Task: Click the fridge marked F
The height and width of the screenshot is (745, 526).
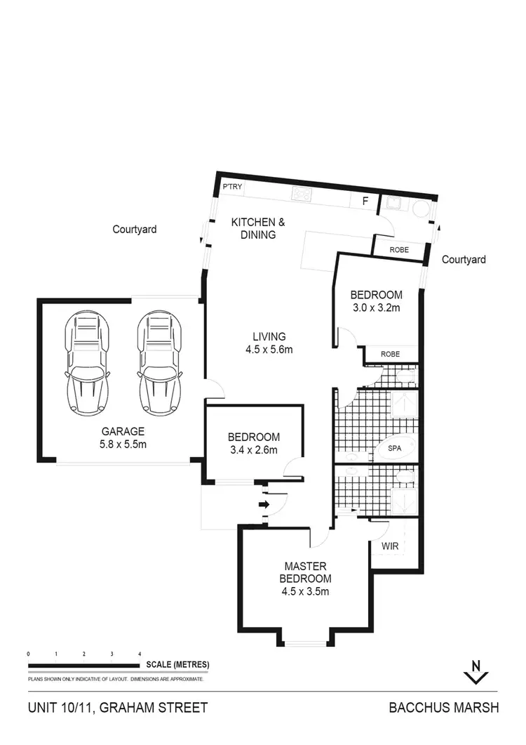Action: (365, 202)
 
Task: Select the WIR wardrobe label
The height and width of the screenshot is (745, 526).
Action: (391, 545)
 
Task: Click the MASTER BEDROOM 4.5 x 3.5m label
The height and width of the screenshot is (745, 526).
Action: (306, 579)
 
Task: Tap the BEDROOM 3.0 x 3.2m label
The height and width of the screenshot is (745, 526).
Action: (376, 301)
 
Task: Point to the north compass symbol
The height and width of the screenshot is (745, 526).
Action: (476, 672)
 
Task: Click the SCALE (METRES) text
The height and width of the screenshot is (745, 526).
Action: (178, 664)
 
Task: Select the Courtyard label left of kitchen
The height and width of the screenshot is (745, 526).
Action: (135, 229)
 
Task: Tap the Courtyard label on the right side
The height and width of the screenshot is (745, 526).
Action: (464, 260)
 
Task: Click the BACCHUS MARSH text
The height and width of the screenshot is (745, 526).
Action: (444, 708)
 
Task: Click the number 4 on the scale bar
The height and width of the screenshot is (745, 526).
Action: (139, 654)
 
